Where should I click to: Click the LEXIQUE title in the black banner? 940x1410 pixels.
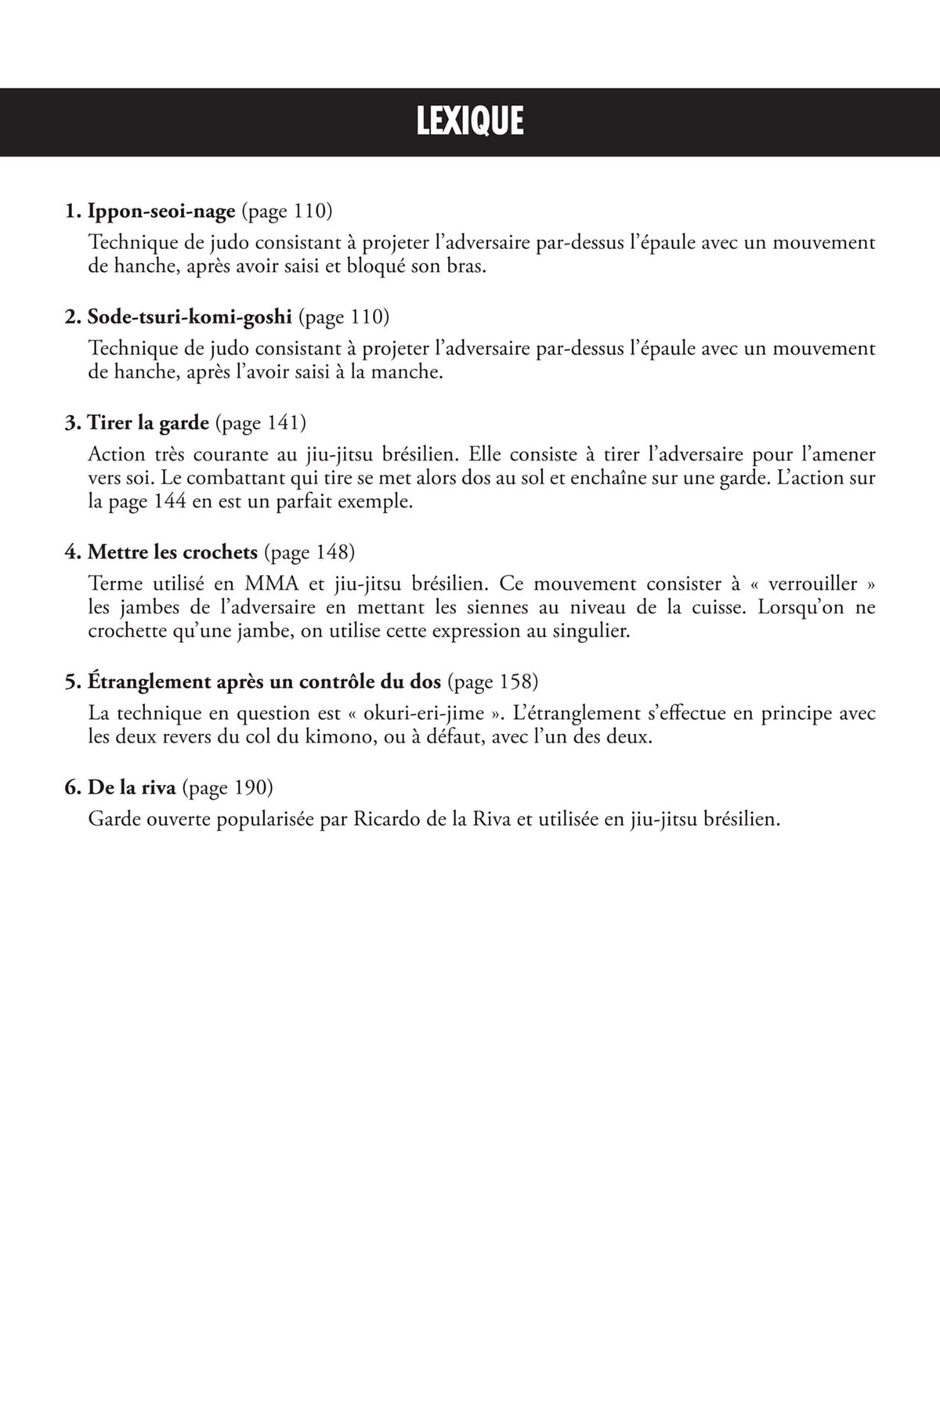(469, 121)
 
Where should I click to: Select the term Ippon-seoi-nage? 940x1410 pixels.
(161, 211)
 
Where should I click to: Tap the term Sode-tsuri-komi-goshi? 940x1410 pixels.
(189, 316)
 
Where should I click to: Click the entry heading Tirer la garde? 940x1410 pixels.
(148, 423)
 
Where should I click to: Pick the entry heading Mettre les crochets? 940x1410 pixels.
(172, 552)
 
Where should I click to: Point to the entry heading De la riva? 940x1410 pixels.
(132, 787)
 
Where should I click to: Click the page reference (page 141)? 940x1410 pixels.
(260, 423)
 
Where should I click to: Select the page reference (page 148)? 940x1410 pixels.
(309, 552)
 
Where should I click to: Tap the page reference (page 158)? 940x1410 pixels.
(493, 681)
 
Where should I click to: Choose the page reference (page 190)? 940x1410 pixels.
(227, 787)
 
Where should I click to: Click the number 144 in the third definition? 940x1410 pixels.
(170, 502)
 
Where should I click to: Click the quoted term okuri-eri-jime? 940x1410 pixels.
(424, 713)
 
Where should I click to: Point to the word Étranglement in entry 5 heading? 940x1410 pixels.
(149, 681)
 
